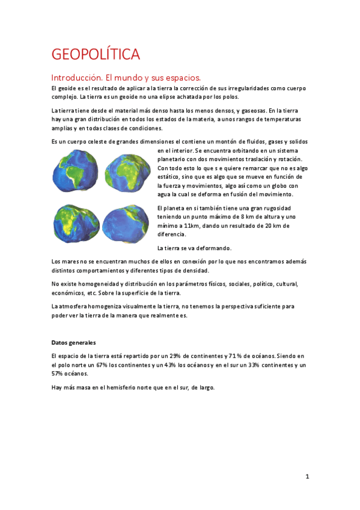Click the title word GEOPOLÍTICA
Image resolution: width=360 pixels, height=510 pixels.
point(96,55)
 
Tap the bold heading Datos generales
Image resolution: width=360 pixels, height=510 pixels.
point(73,342)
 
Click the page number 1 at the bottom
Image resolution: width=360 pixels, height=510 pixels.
point(307,477)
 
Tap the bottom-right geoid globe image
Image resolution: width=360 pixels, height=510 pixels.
point(126,223)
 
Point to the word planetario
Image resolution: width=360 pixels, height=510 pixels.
point(174,159)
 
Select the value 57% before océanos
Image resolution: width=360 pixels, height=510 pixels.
point(58,373)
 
